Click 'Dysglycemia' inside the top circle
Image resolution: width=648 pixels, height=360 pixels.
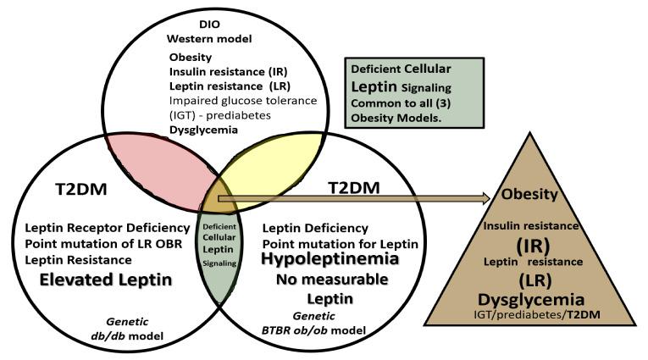coord(203,130)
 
